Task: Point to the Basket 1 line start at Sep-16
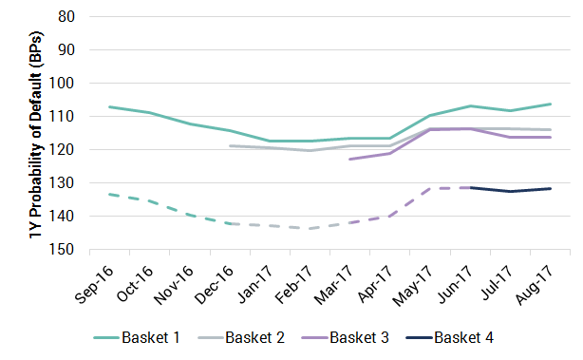[x=109, y=106]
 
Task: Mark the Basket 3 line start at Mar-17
[x=350, y=159]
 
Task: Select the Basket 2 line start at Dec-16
[x=230, y=145]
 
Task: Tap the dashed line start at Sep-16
[x=109, y=194]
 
